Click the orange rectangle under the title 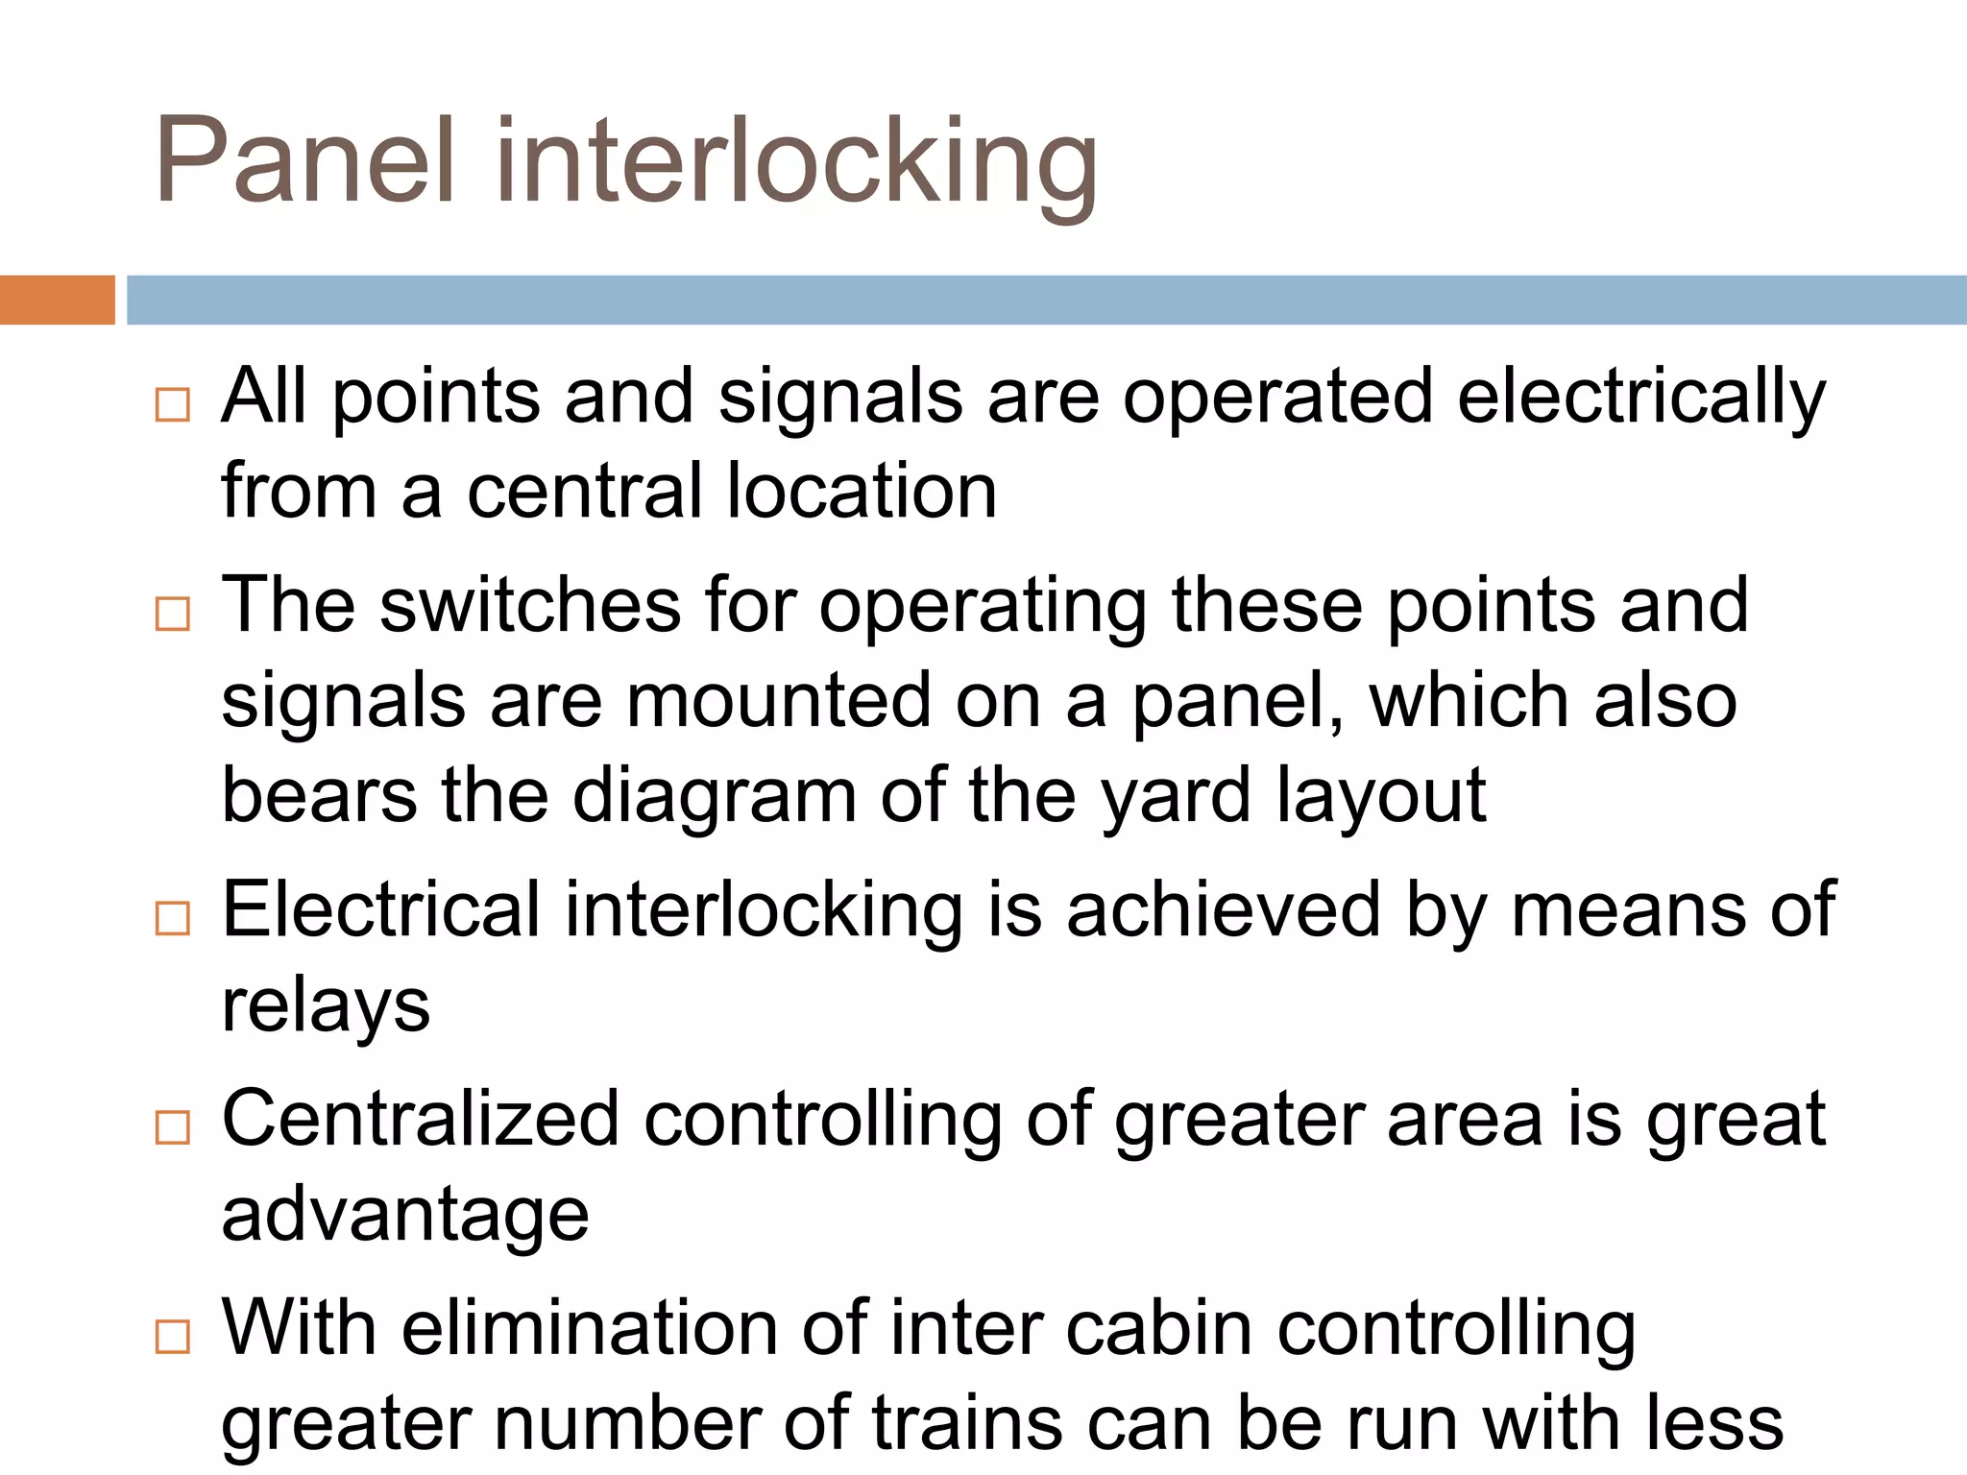pos(57,300)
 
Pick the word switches pos(530,605)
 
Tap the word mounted pos(779,700)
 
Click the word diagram pos(715,797)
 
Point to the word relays pos(326,1006)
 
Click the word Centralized pos(421,1119)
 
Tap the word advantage pos(405,1216)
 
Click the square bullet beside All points pos(173,404)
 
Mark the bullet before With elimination pos(173,1336)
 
